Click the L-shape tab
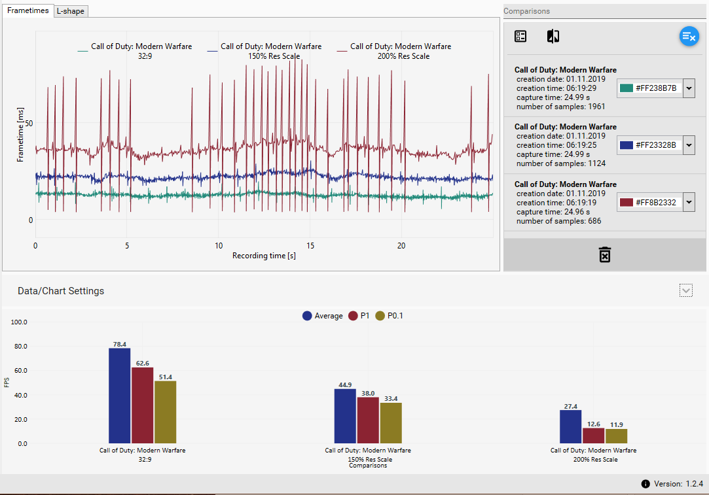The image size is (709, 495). tap(71, 11)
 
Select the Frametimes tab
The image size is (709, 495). tap(28, 10)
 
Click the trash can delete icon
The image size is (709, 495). tap(605, 254)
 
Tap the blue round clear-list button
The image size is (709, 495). tap(689, 37)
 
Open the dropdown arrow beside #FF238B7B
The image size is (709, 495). tap(688, 88)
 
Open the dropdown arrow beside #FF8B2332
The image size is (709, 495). tap(688, 203)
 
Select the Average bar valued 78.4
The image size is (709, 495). tap(119, 396)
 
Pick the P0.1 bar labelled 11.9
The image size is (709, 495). tap(616, 436)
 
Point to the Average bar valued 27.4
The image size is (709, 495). tap(571, 426)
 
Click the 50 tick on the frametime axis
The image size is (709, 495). tap(29, 123)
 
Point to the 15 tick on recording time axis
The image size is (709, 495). tap(311, 245)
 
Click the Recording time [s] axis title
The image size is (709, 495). tap(264, 256)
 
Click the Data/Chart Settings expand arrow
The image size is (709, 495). tap(686, 290)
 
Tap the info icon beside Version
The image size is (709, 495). tap(645, 484)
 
